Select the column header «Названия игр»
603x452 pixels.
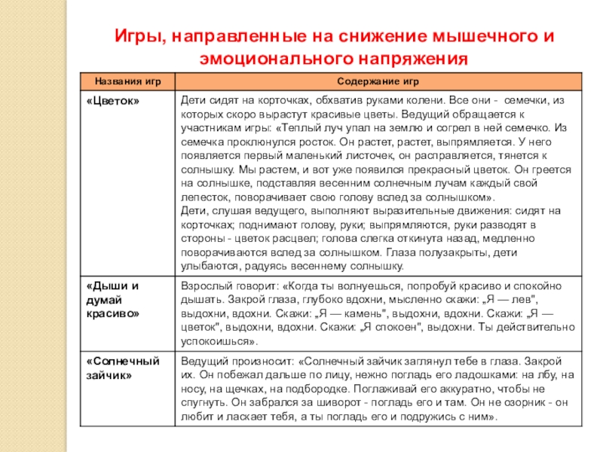[127, 81]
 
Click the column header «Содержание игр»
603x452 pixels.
[379, 81]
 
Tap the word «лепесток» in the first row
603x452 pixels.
[205, 197]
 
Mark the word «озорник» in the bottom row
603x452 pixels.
[528, 403]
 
